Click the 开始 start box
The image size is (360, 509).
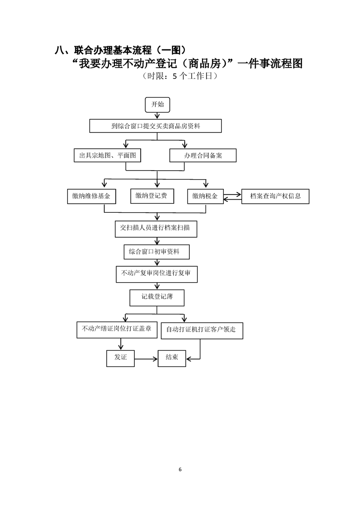point(157,104)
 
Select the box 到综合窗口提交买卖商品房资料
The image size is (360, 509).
point(155,126)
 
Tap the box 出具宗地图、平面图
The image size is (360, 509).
point(107,155)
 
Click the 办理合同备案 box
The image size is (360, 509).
point(203,156)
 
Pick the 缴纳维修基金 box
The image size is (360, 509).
point(91,196)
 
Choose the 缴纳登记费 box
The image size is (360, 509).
point(152,196)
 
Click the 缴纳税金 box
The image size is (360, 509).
point(205,196)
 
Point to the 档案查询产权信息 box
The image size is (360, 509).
point(275,196)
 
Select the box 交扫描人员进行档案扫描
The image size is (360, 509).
point(156,229)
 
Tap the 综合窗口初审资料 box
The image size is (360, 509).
point(157,252)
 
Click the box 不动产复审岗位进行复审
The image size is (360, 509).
point(157,274)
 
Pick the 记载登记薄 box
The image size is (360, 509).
point(157,298)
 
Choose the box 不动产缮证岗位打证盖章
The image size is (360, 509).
point(117,330)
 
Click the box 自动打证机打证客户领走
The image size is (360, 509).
point(202,330)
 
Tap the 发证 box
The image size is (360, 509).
point(120,358)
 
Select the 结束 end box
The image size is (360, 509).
point(172,358)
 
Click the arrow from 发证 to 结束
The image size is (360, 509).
point(146,359)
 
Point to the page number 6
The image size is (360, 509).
point(180,470)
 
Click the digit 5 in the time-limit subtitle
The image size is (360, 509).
point(175,76)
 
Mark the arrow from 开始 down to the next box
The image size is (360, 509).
point(157,116)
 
